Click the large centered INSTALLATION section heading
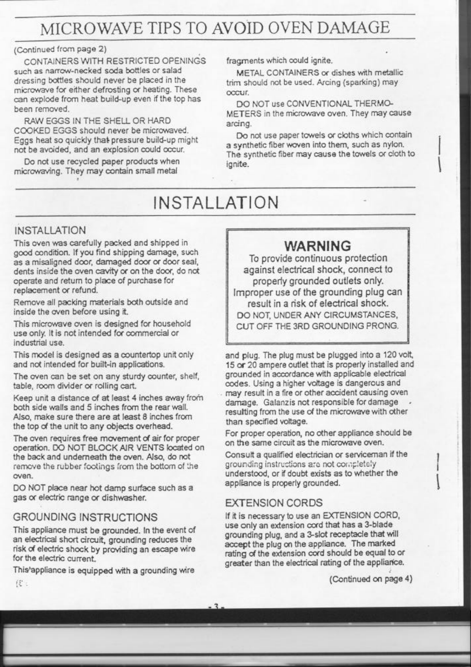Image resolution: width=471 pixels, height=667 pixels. [x=216, y=202]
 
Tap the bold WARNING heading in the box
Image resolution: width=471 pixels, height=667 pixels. [x=318, y=245]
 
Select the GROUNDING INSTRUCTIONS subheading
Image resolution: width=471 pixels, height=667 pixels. [x=86, y=517]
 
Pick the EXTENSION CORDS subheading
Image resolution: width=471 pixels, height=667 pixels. [x=274, y=503]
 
